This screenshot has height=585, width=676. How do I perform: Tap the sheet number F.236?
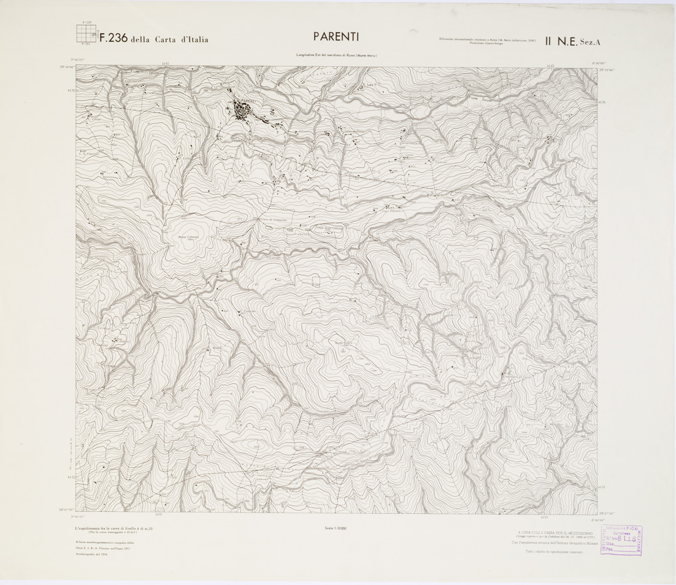pyautogui.click(x=113, y=38)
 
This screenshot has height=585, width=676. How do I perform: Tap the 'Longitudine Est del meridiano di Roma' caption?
pyautogui.click(x=336, y=56)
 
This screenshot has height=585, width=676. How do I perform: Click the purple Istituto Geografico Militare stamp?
pyautogui.click(x=620, y=540)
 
